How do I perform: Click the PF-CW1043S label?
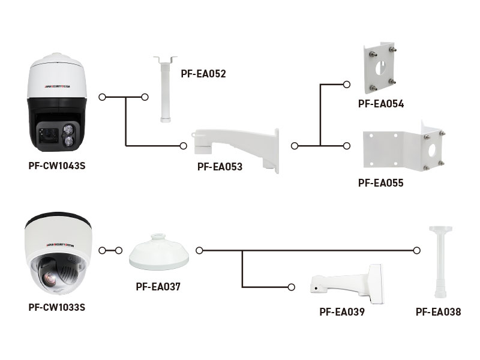(x=57, y=166)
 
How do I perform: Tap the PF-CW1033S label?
(x=57, y=307)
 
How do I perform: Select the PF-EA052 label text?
(x=203, y=74)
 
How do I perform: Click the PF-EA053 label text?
(x=220, y=167)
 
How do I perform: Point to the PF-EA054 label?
(x=380, y=103)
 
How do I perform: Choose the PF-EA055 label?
(x=380, y=183)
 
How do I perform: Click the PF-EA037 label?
(x=158, y=287)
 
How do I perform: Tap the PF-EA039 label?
(x=342, y=312)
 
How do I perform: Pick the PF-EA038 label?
(x=439, y=312)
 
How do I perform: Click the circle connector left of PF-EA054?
(x=346, y=85)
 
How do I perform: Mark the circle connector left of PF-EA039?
(x=292, y=287)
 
